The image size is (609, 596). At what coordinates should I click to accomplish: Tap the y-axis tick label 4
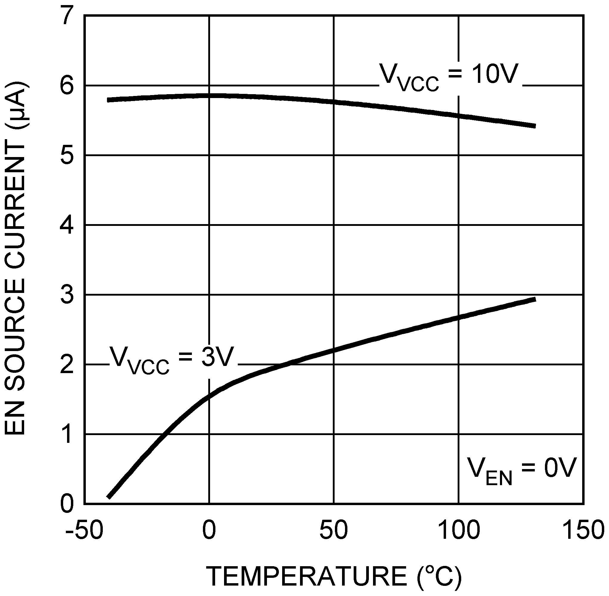pos(67,225)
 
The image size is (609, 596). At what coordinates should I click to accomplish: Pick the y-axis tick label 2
pos(67,365)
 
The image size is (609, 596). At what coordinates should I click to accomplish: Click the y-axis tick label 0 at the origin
pos(67,504)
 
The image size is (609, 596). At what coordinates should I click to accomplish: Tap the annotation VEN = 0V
pos(521,471)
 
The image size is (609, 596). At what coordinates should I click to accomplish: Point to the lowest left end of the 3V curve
pos(108,497)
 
